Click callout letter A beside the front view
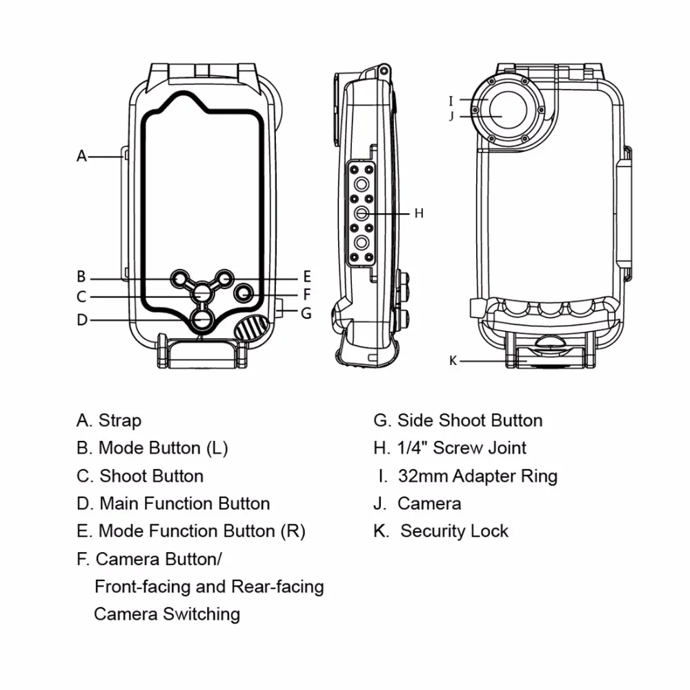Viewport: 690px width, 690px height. click(81, 157)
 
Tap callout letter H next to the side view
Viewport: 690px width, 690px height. click(419, 213)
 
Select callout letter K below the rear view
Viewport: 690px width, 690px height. click(453, 361)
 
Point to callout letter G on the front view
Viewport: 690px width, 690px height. click(306, 313)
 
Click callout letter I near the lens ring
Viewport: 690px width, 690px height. click(451, 101)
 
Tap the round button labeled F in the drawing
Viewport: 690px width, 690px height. click(244, 294)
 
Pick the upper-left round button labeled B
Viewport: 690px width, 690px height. click(181, 277)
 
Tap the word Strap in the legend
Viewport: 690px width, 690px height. click(120, 420)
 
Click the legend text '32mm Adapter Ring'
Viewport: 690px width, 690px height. click(477, 476)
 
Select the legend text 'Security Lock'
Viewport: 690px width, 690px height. click(454, 531)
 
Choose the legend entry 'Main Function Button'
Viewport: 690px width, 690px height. click(184, 504)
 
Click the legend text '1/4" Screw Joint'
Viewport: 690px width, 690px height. click(462, 448)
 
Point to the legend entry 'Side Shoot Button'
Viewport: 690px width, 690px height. click(469, 420)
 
